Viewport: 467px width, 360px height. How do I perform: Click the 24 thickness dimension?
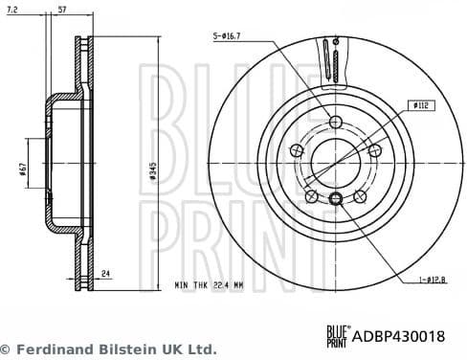106,274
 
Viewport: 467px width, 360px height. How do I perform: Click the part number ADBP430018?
401,335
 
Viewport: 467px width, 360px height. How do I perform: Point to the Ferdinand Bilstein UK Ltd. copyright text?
108,349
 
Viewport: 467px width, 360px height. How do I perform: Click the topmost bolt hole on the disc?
335,123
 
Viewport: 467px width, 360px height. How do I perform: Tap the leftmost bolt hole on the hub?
296,151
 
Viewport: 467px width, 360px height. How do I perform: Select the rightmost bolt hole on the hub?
374,151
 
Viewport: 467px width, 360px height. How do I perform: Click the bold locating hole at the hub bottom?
335,199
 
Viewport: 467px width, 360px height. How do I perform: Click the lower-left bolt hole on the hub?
311,196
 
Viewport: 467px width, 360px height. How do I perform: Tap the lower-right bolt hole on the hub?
360,196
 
